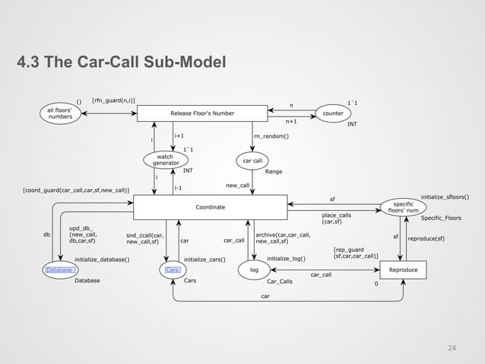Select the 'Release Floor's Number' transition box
click(x=202, y=113)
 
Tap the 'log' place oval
click(x=254, y=270)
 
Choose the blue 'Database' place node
click(x=59, y=270)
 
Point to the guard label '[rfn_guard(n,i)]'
click(x=113, y=100)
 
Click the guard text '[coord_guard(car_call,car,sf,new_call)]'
click(x=76, y=189)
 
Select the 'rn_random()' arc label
click(x=271, y=137)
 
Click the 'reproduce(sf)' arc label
click(x=426, y=238)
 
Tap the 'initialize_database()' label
click(x=102, y=260)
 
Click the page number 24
click(x=452, y=348)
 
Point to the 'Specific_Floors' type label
click(x=442, y=219)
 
